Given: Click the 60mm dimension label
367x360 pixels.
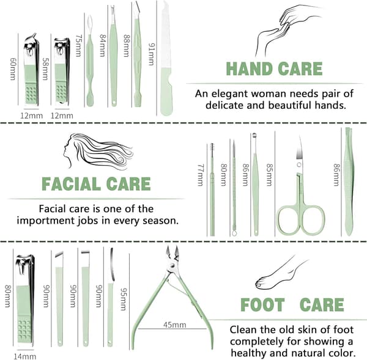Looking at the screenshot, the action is coord(13,69).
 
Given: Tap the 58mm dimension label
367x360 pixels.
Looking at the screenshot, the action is coord(45,69).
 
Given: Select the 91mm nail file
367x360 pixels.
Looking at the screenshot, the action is coord(166,59).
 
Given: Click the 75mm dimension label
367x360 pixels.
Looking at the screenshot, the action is coord(78,46).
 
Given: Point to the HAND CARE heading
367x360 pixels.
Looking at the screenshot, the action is coord(274,69).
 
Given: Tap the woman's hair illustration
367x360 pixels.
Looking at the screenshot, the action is coord(98,150).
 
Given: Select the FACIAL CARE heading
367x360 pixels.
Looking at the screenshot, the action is coord(96,184).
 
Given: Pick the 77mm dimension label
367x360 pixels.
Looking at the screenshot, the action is coord(201,175).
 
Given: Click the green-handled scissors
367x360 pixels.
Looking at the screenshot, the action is coord(301,187).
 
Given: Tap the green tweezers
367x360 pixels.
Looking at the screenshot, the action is coord(349,182).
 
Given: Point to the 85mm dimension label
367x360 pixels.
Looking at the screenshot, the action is coord(270,175).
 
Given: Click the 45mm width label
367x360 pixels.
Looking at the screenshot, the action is coord(175,325).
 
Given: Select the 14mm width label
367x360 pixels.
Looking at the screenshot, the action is coord(25,356).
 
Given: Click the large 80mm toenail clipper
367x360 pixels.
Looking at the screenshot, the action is coord(25,301).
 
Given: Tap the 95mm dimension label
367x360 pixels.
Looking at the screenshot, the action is coord(124,299).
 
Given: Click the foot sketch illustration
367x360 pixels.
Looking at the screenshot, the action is coord(281,274).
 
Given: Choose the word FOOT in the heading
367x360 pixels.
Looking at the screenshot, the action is coord(262,305).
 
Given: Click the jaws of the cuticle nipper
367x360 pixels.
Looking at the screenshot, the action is coord(172,253).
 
